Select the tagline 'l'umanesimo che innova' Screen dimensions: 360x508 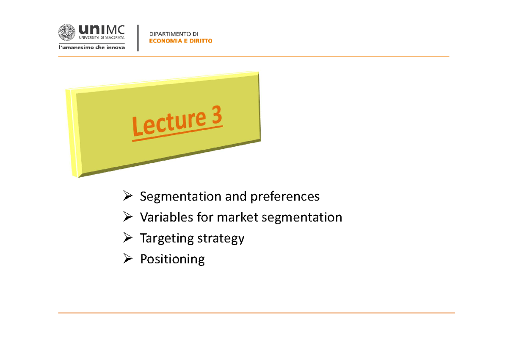[x=91, y=48]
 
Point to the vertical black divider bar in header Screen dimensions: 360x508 [x=138, y=38]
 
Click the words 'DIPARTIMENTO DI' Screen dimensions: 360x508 [x=174, y=34]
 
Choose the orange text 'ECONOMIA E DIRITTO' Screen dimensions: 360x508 [x=181, y=41]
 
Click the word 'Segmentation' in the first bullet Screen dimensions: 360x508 [x=174, y=197]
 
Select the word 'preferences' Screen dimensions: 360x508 [x=284, y=197]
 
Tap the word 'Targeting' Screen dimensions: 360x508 [x=166, y=238]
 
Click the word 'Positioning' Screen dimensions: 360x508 [x=172, y=259]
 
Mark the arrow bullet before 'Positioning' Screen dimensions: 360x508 [x=128, y=259]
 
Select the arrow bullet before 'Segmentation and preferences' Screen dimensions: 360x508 [x=128, y=196]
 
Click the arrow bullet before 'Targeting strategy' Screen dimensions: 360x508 [x=128, y=238]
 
